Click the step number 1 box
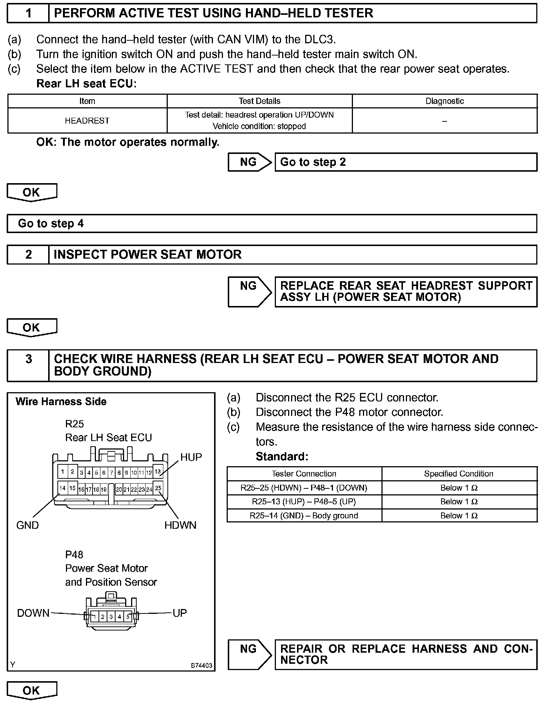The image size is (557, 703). pyautogui.click(x=28, y=13)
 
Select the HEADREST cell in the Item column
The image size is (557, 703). pyautogui.click(x=87, y=121)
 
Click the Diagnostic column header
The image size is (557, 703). pyautogui.click(x=444, y=101)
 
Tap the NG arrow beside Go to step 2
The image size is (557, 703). pyautogui.click(x=250, y=162)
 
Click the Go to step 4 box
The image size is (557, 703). pyautogui.click(x=272, y=223)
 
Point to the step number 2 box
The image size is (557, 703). pyautogui.click(x=28, y=255)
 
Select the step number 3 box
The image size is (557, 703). pyautogui.click(x=28, y=365)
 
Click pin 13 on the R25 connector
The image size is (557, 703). pyautogui.click(x=158, y=472)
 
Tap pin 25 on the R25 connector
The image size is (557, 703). pyautogui.click(x=158, y=488)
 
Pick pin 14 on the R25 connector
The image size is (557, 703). pyautogui.click(x=63, y=488)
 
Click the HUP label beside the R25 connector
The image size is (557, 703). pyautogui.click(x=191, y=457)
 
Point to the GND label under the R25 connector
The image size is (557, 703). pyautogui.click(x=27, y=525)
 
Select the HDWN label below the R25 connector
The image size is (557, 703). pyautogui.click(x=180, y=525)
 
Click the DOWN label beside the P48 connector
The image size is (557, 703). pyautogui.click(x=33, y=613)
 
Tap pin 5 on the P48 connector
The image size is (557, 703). pyautogui.click(x=128, y=617)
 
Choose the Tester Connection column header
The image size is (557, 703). pyautogui.click(x=304, y=474)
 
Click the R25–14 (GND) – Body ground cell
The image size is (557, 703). pyautogui.click(x=304, y=516)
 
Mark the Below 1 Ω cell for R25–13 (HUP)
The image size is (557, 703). pyautogui.click(x=459, y=502)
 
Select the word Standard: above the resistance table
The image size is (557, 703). pyautogui.click(x=282, y=457)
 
